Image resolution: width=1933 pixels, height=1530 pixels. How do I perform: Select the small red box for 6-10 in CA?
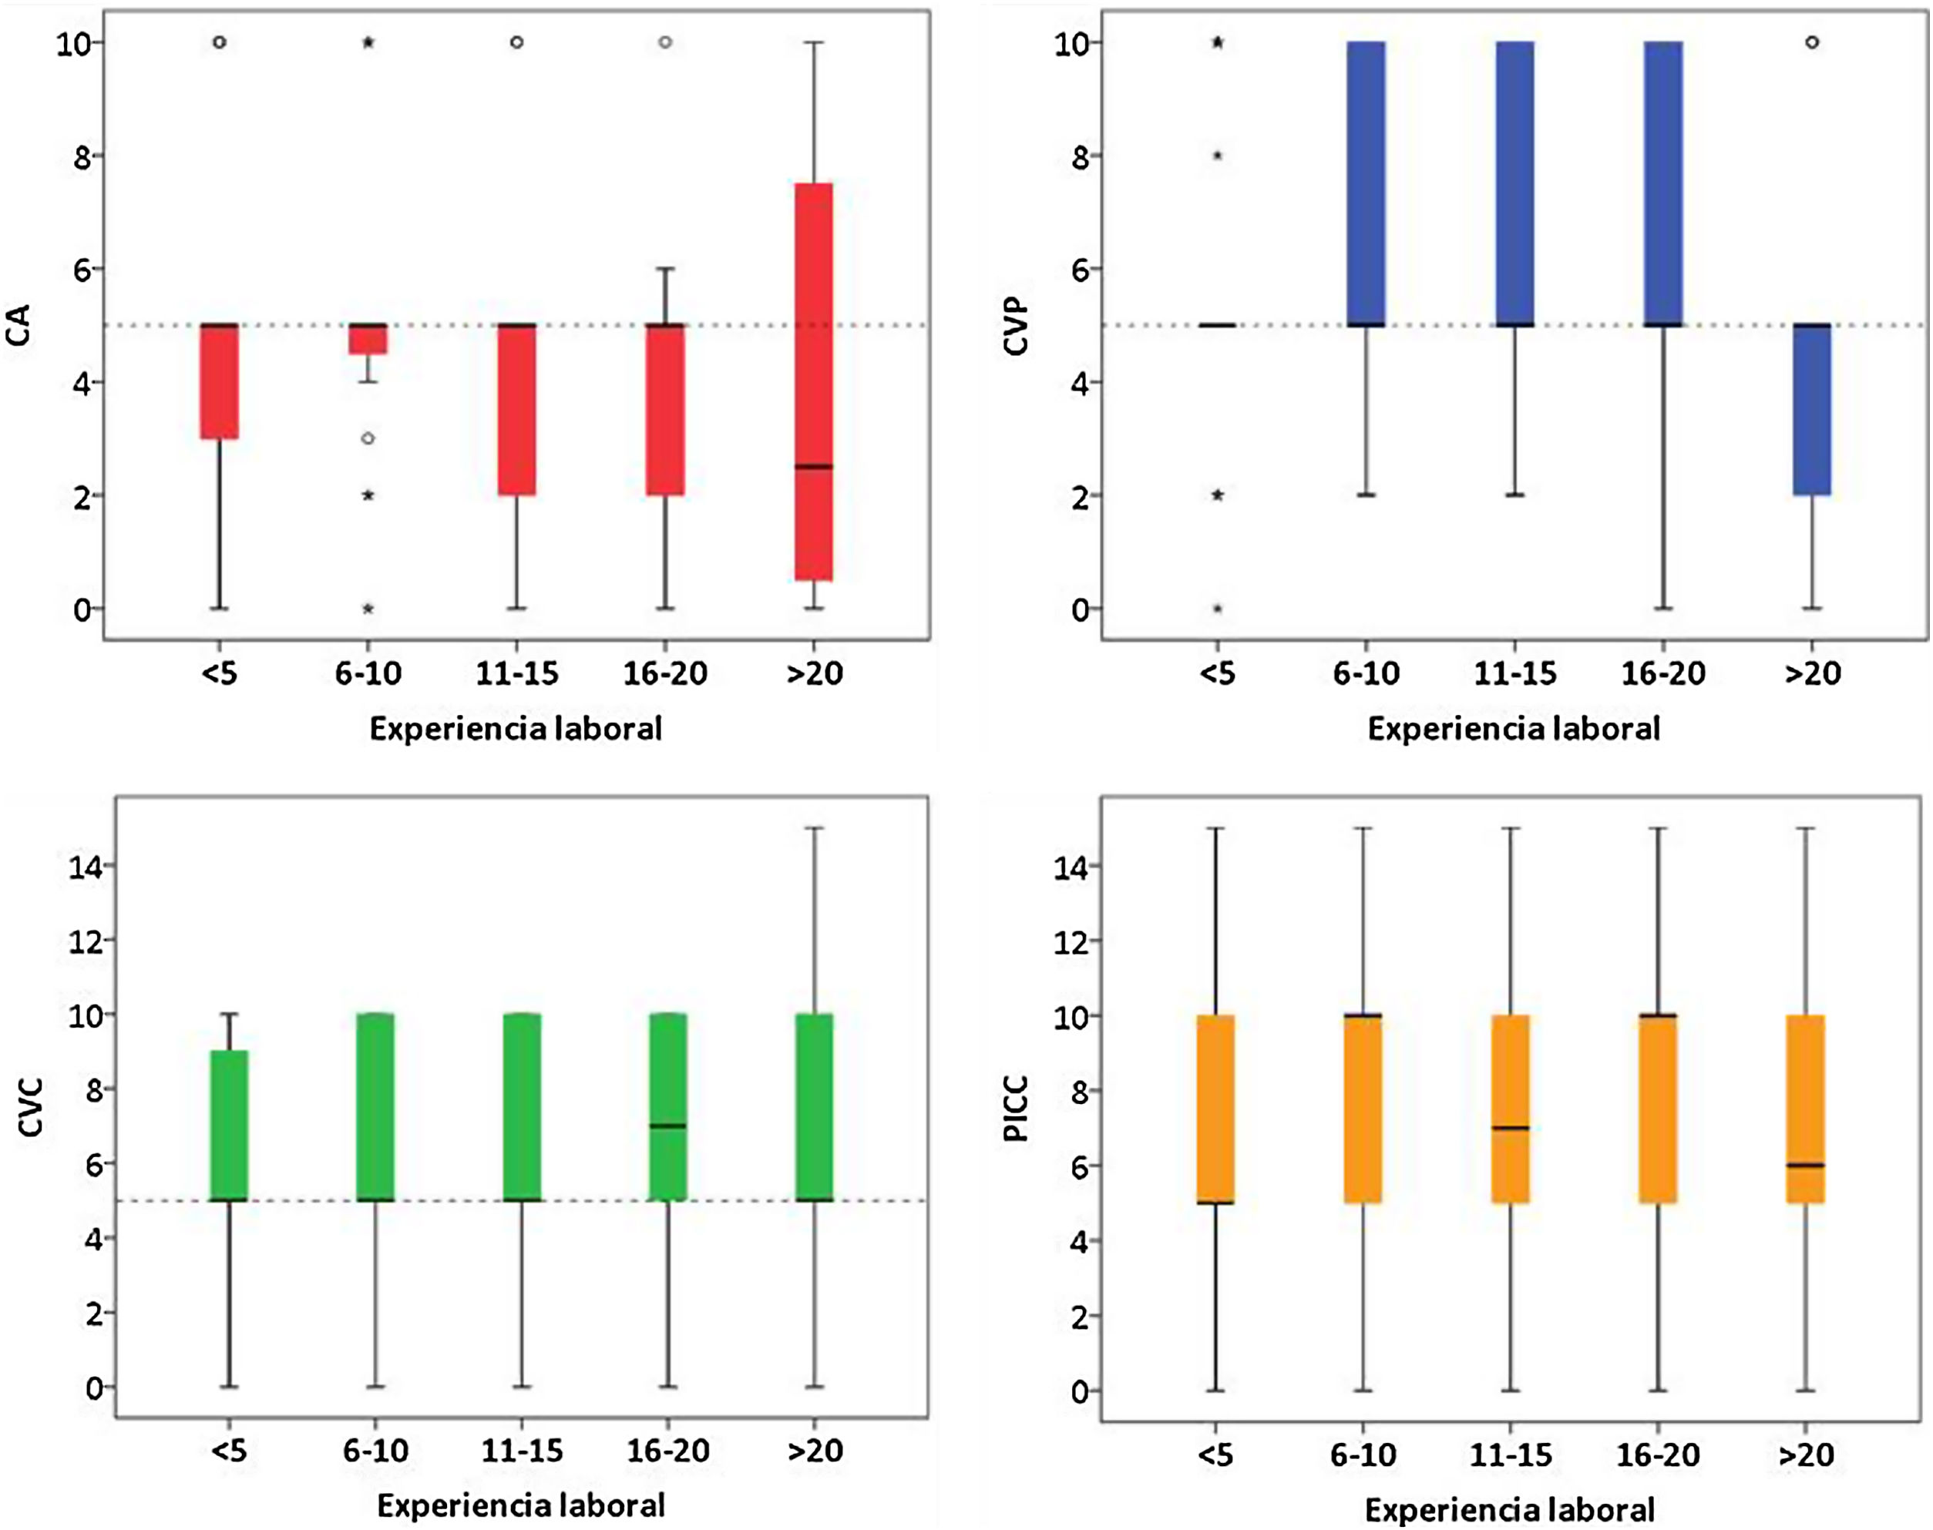[x=368, y=340]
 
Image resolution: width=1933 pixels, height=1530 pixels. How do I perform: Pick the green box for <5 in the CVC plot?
[x=230, y=1125]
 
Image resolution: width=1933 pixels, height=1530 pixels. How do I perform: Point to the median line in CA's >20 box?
[x=814, y=467]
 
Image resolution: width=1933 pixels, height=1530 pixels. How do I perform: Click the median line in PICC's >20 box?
[x=1805, y=1166]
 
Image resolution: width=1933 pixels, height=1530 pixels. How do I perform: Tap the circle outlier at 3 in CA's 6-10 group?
[x=368, y=439]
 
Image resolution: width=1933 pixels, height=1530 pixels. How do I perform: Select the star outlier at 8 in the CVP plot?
[x=1218, y=156]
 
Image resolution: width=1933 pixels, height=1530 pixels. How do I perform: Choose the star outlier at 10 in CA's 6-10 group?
[x=368, y=42]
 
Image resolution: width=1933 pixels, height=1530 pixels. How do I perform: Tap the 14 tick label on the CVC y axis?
[x=85, y=866]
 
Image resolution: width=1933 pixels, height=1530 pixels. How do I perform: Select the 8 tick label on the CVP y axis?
[x=1079, y=156]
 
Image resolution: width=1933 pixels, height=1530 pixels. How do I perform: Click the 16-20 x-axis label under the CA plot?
[x=665, y=673]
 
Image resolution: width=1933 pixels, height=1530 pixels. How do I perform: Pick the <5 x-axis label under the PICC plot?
[x=1215, y=1454]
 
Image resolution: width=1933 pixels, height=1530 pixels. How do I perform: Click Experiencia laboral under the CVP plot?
[x=1514, y=728]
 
